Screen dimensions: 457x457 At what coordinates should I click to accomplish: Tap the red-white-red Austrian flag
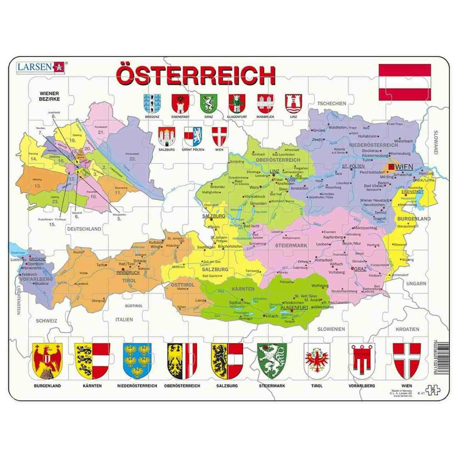[x=404, y=82]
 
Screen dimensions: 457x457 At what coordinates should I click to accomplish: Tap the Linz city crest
[x=293, y=102]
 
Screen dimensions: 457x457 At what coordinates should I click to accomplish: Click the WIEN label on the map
[x=404, y=167]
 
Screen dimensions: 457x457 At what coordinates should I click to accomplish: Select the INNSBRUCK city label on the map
[x=128, y=273]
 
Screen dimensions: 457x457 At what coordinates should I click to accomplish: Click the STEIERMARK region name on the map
[x=291, y=246]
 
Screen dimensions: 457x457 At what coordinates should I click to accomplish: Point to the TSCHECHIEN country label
[x=332, y=104]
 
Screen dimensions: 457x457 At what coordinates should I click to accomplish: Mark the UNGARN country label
[x=416, y=284]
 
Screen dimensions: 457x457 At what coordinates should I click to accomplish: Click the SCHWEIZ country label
[x=46, y=321]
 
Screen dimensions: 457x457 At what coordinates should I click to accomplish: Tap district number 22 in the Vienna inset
[x=132, y=158]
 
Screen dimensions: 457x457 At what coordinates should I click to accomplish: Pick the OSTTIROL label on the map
[x=182, y=285]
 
